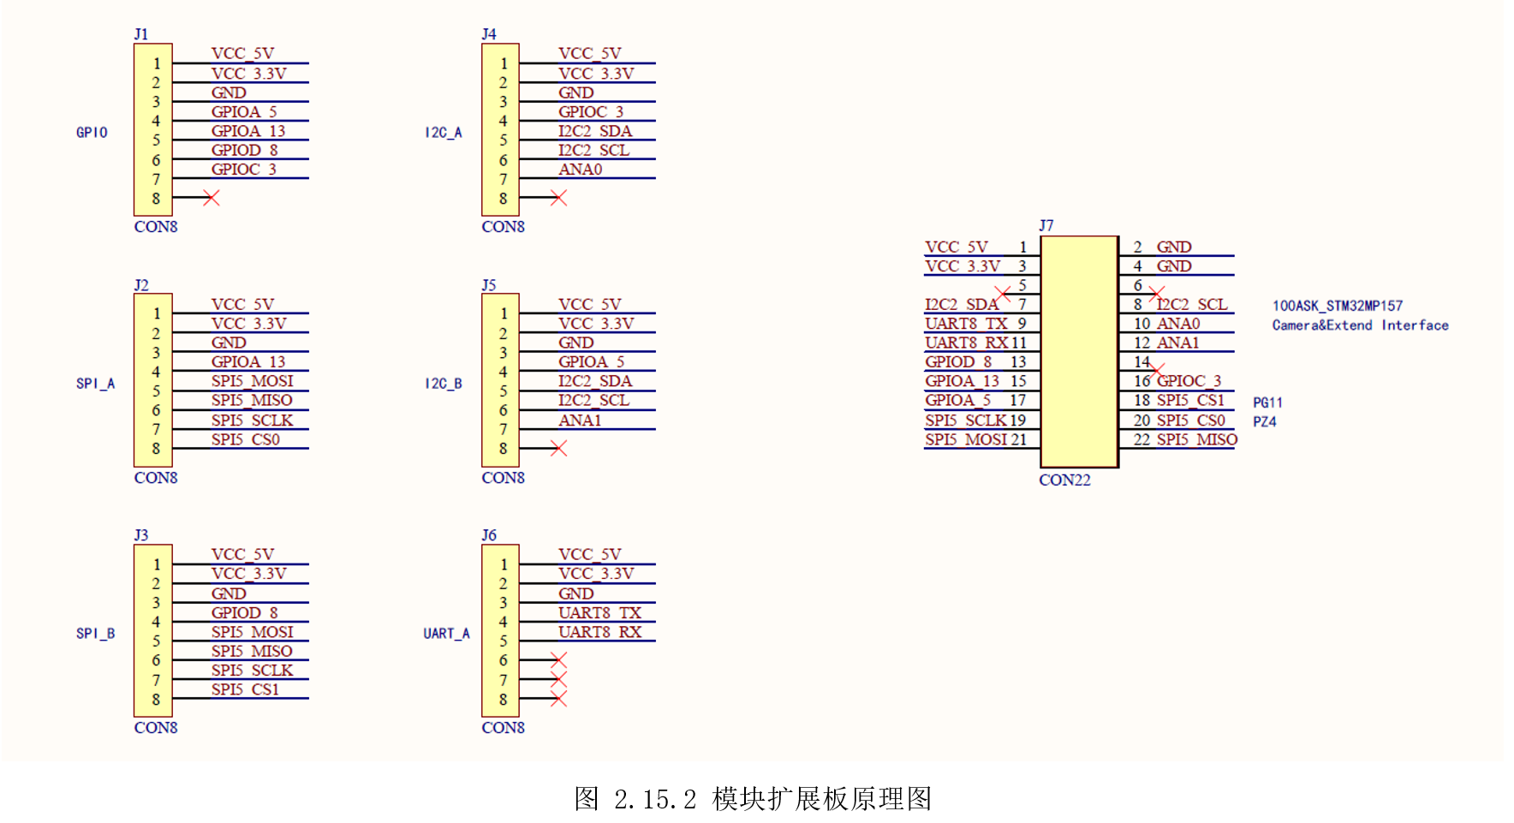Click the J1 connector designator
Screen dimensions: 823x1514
(141, 34)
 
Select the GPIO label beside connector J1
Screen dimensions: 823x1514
(92, 133)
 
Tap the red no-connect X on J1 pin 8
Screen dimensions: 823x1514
(212, 198)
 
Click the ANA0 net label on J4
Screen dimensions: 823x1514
(581, 170)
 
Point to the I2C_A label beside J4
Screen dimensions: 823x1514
(444, 133)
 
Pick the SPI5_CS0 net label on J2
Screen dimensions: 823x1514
(246, 439)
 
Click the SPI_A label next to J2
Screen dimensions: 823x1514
(95, 384)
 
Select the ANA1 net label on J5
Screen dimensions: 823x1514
(580, 420)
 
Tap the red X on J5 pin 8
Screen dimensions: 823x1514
(558, 448)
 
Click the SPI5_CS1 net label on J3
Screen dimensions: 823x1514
(246, 689)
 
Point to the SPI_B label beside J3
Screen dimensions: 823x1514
(95, 634)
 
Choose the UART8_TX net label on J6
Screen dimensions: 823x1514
(599, 613)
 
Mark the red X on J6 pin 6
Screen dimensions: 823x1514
(558, 660)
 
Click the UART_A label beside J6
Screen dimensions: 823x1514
(446, 634)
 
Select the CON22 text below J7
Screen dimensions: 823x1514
(1064, 480)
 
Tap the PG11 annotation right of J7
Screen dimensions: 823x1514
(1267, 403)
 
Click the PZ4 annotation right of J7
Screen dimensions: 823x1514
(1265, 421)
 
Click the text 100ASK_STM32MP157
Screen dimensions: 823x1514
(1337, 306)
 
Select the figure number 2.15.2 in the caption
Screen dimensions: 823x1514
(655, 799)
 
